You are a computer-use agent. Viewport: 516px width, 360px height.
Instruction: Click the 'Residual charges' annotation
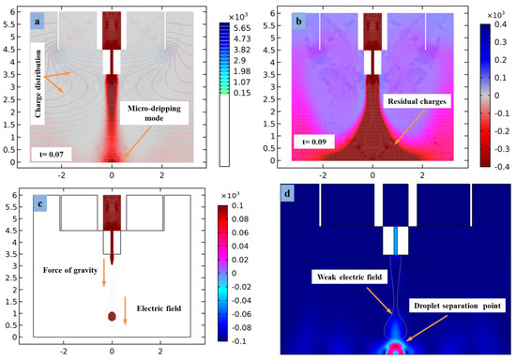click(432, 96)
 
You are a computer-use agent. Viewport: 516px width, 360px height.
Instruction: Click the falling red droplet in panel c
click(112, 317)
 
